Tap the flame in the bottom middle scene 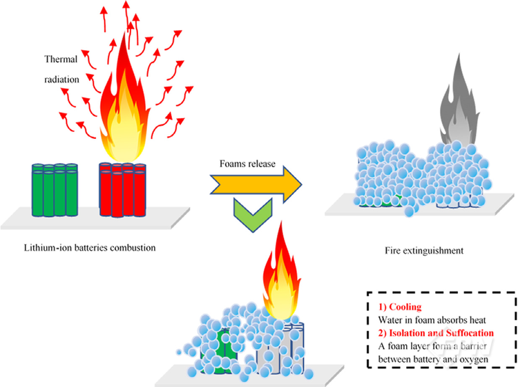[280, 276]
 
